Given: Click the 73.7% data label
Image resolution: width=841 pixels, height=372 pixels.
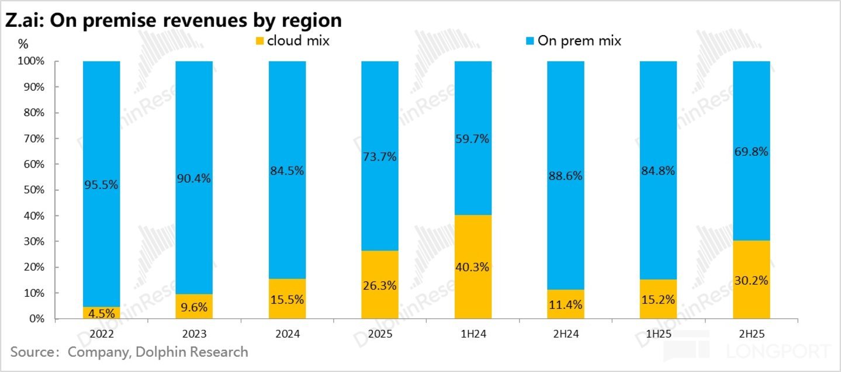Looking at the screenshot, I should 379,157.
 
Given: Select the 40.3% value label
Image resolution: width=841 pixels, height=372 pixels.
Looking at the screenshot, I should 472,267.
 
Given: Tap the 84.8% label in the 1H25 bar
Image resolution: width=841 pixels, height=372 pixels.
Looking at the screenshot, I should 658,171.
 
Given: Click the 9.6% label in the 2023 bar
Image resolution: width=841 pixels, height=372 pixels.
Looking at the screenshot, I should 194,306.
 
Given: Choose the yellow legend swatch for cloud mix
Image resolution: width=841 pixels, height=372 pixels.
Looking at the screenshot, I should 259,41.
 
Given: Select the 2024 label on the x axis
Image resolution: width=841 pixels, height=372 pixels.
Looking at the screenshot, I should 287,335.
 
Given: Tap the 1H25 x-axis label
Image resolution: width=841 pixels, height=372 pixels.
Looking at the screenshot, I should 658,335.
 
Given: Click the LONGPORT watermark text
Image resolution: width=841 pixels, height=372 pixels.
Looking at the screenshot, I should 778,352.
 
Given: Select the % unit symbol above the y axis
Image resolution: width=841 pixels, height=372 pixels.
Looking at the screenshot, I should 23,44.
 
